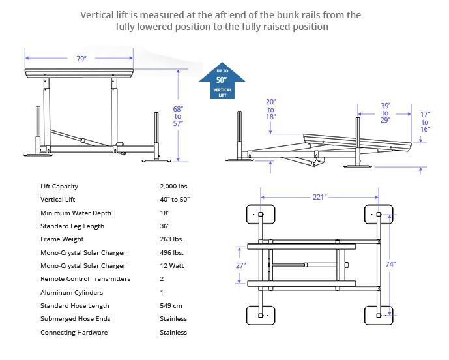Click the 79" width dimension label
81,59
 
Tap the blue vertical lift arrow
222,82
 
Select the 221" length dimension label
319,198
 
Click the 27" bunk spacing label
240,265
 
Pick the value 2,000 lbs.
175,187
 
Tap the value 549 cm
171,306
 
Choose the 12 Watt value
171,266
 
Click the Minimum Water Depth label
76,213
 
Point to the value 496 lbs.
171,253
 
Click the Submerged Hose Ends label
76,319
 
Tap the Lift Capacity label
59,187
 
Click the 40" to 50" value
175,200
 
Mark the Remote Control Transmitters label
85,279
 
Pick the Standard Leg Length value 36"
165,226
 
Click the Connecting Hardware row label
74,333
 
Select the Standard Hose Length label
75,306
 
